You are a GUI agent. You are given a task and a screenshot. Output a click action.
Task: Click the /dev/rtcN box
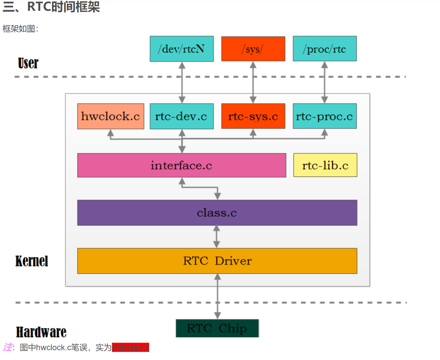tap(182, 49)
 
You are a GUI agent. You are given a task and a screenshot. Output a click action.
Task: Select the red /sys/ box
tap(253, 49)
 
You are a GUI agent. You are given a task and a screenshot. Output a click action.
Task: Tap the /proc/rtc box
tap(325, 49)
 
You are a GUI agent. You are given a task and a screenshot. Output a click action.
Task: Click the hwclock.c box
tap(111, 116)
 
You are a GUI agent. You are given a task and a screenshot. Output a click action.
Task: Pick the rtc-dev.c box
tap(182, 116)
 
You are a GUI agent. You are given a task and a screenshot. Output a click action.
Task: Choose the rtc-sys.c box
tap(253, 116)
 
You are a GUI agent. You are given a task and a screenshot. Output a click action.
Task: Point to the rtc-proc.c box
tap(325, 116)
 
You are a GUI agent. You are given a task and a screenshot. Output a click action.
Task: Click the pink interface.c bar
tap(182, 165)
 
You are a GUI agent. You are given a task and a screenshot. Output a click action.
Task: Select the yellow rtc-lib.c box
tap(325, 165)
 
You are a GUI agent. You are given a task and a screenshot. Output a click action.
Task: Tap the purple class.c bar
tap(217, 213)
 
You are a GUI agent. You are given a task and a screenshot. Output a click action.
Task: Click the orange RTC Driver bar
tap(217, 261)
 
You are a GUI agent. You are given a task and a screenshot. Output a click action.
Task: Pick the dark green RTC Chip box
tap(217, 328)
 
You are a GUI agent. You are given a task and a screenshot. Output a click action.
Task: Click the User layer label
tap(28, 63)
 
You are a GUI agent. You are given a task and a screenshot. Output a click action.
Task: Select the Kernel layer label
tap(32, 261)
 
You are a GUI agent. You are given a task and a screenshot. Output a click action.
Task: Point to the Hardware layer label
tap(41, 332)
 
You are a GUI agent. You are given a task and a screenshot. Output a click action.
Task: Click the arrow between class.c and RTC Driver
tap(216, 237)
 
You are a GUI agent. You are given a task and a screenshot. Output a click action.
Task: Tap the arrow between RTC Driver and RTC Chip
tap(217, 296)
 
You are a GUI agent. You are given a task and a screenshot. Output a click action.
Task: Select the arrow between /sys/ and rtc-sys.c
tap(253, 82)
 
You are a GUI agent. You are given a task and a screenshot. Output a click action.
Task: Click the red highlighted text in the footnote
tap(131, 347)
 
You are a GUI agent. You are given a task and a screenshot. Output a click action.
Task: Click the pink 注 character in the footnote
tap(7, 347)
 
